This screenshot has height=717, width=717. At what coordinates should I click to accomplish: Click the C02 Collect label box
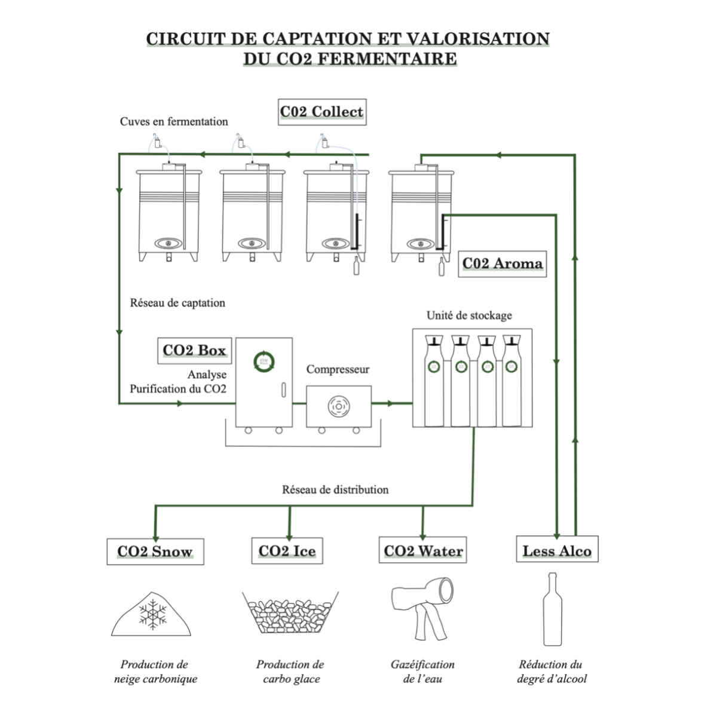coord(322,112)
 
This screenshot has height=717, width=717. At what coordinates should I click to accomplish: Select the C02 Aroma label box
coord(502,263)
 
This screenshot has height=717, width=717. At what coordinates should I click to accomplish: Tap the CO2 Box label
coord(194,351)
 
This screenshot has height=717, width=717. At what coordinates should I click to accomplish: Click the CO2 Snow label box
coord(155,551)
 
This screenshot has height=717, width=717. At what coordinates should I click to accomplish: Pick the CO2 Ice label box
coord(287,551)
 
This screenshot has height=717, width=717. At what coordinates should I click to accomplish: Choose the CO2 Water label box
coord(423,551)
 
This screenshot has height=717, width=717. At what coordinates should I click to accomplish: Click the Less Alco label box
coord(557,551)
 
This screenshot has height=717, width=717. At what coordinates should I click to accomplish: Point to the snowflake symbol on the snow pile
coord(153,615)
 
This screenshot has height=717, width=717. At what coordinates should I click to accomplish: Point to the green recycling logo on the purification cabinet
coord(263,361)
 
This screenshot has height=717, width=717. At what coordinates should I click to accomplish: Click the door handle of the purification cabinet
coord(283,391)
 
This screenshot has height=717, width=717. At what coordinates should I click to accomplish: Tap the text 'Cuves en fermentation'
coord(174,122)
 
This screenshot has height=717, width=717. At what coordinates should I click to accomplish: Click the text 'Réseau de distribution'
coord(335,490)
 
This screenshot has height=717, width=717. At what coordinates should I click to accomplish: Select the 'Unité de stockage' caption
coord(469,315)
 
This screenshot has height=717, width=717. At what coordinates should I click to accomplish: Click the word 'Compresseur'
coord(338,369)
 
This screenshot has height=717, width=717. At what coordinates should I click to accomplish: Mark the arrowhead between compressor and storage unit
coord(391,403)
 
